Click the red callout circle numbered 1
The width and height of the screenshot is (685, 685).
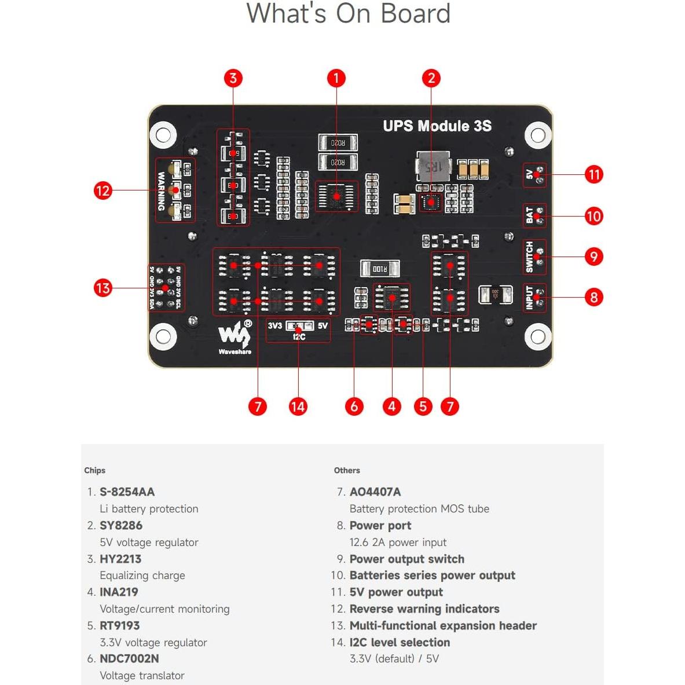click(336, 78)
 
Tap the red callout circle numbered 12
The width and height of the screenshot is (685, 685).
click(102, 191)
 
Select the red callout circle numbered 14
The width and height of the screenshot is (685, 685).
click(298, 406)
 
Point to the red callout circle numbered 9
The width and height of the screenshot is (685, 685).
click(594, 257)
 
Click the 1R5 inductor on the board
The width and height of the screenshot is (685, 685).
click(433, 167)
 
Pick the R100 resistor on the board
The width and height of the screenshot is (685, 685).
click(380, 269)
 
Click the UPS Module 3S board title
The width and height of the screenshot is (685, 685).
click(437, 126)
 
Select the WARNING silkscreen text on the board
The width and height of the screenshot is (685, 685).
click(162, 191)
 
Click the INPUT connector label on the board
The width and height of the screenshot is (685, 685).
click(529, 298)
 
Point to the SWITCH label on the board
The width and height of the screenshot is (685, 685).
click(529, 257)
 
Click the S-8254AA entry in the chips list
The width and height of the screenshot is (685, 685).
click(127, 492)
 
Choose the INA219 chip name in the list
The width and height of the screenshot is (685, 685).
click(119, 592)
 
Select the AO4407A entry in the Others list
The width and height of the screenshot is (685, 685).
click(375, 492)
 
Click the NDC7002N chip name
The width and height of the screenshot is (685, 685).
click(129, 658)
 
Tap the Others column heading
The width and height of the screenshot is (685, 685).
click(347, 470)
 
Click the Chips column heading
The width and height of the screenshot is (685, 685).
click(94, 470)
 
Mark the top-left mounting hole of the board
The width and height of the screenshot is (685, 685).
click(163, 135)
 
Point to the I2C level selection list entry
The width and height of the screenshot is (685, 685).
click(400, 642)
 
